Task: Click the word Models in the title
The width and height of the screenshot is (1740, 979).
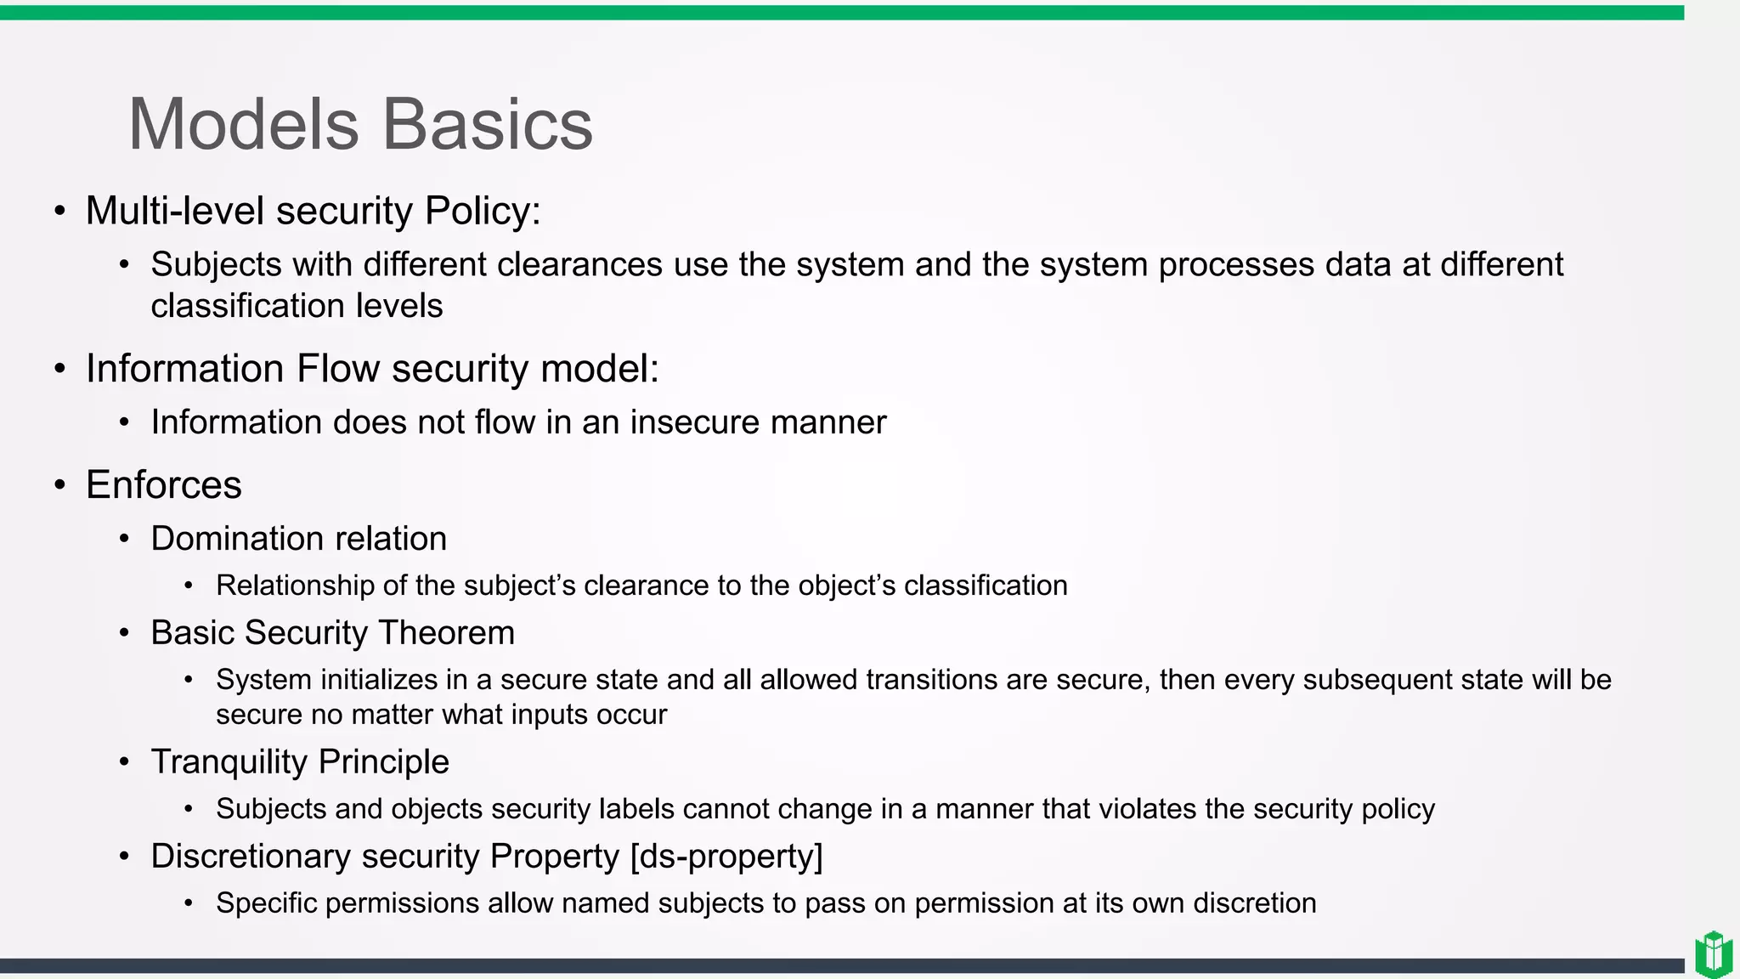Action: point(244,125)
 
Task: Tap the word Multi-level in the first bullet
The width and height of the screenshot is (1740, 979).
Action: point(175,211)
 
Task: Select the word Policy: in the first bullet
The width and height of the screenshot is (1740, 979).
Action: point(482,211)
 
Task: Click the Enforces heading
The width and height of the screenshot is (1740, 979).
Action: point(164,485)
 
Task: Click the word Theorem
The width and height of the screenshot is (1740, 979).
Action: point(447,633)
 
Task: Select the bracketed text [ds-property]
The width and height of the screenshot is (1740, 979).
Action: point(726,857)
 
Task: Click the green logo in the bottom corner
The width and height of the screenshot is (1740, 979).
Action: point(1713,954)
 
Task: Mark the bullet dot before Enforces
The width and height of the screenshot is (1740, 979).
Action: point(59,485)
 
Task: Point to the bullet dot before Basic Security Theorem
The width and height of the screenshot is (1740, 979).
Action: point(125,633)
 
